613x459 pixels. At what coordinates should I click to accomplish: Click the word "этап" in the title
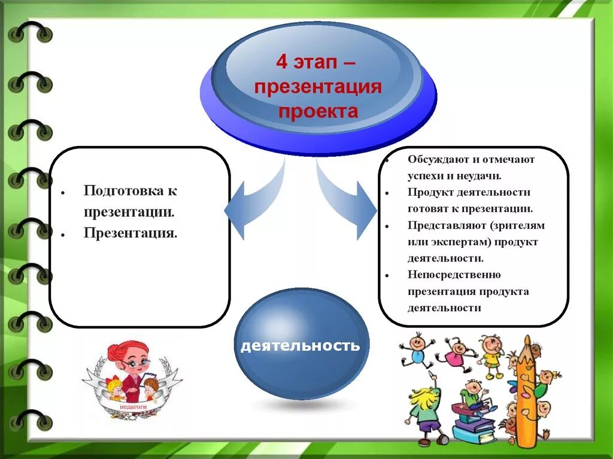coord(318,62)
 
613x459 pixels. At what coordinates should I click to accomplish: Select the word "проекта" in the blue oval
coord(318,111)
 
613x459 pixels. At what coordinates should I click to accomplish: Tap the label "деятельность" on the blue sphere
coord(301,346)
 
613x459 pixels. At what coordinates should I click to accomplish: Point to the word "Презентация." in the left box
coord(131,232)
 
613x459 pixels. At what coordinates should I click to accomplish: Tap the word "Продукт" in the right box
coord(433,192)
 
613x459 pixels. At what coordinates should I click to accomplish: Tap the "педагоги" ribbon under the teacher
coord(132,406)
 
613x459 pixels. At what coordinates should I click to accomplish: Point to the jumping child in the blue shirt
coord(417,349)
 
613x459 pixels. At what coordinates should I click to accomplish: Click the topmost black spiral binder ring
coord(30,34)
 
